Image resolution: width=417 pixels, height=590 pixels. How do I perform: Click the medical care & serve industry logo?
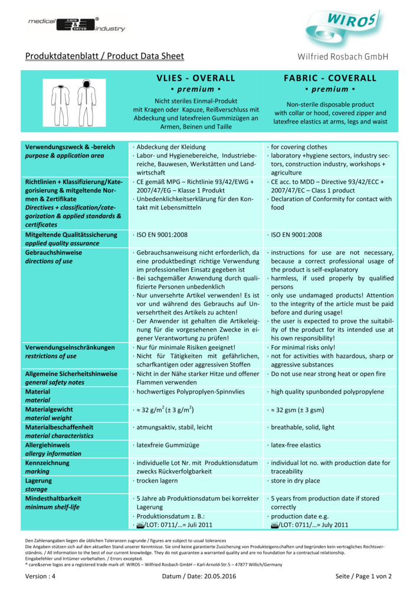(77, 24)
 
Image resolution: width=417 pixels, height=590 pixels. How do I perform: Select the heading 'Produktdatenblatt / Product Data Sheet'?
(104, 57)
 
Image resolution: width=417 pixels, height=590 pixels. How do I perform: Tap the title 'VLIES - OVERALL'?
(196, 78)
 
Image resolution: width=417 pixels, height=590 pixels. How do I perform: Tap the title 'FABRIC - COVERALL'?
(330, 78)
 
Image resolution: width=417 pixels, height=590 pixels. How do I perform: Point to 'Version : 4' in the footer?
(41, 576)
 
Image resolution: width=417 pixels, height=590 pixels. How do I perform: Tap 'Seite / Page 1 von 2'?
(363, 576)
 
